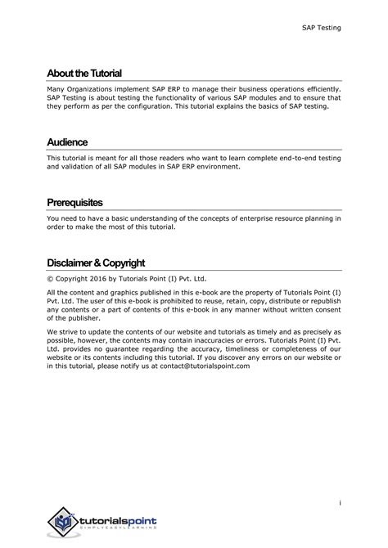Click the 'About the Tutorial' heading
point(84,74)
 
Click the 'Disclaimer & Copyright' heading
point(96,263)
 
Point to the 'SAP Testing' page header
point(320,29)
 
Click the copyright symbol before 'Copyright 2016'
point(50,278)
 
